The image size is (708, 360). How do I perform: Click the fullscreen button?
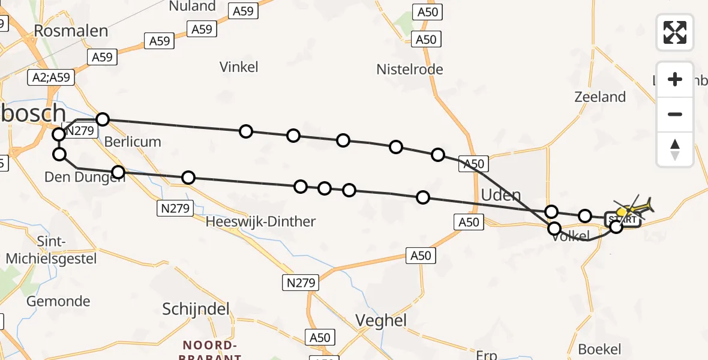coord(675,32)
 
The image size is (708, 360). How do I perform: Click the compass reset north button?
coord(675,149)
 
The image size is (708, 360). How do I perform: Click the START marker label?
coord(622,220)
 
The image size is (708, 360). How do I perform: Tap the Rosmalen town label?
coord(71,31)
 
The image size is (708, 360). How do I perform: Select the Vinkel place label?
coord(239,67)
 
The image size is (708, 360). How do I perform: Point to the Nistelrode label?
coord(410,70)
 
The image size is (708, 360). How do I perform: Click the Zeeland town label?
coord(600,97)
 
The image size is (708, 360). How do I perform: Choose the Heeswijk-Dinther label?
coord(260,222)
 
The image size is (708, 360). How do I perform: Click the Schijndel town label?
coord(196,309)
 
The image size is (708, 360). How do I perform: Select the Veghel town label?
coord(382,320)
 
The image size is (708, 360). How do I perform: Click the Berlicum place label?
coord(133,142)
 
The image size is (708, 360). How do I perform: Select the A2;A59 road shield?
coord(52,77)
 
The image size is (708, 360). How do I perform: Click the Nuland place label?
coord(193,7)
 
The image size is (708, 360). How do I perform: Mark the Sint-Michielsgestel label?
coord(43,250)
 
